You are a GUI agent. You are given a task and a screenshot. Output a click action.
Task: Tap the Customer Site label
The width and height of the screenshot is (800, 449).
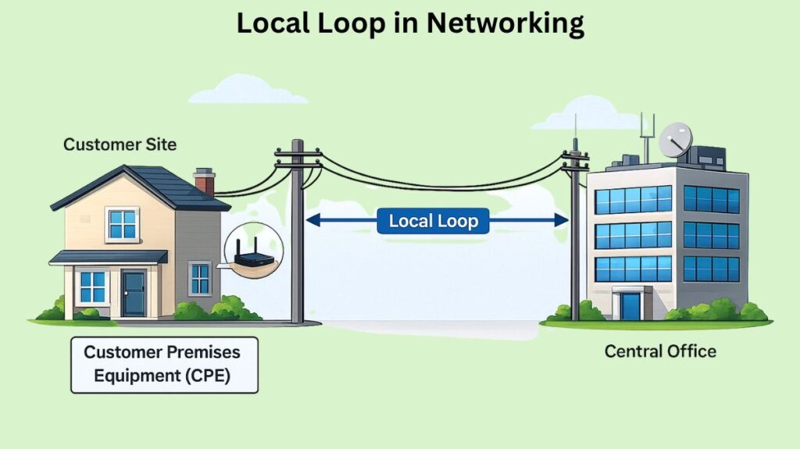tap(120, 144)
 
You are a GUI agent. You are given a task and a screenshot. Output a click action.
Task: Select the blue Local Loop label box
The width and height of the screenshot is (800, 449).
tap(433, 221)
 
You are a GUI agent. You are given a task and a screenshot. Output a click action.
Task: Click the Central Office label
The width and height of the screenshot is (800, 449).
tap(660, 351)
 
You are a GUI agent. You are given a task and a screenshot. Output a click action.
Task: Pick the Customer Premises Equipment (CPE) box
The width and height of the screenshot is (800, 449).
tap(164, 365)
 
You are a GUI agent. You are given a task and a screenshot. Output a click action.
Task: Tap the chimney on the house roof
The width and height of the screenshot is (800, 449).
tap(205, 182)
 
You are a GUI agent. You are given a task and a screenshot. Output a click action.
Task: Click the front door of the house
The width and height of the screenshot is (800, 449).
tap(134, 293)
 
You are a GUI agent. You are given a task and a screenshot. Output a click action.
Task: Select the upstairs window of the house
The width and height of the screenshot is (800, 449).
tap(123, 223)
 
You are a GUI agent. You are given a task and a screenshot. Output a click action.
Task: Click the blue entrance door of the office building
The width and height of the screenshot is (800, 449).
tap(630, 305)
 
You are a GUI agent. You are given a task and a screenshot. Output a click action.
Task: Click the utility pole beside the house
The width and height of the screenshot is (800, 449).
tap(297, 234)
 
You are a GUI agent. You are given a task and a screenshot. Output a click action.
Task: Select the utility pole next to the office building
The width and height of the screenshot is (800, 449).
tap(575, 234)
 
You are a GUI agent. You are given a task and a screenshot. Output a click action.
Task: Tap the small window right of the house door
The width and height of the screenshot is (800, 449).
tap(200, 279)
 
